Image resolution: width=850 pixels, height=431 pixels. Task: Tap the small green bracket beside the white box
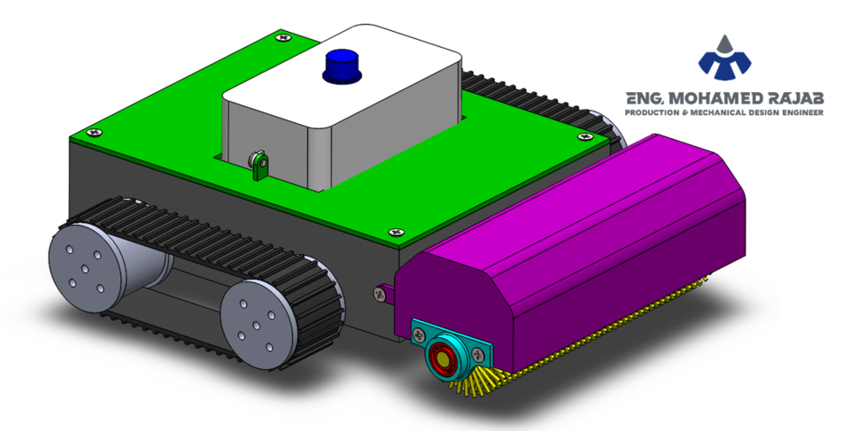pyautogui.click(x=259, y=165)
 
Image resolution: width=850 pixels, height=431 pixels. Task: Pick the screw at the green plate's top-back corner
pyautogui.click(x=282, y=37)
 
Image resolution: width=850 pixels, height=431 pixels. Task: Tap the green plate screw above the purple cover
pyautogui.click(x=584, y=137)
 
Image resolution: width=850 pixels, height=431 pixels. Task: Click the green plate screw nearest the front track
pyautogui.click(x=395, y=232)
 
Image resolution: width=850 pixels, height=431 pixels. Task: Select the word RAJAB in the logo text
pyautogui.click(x=790, y=97)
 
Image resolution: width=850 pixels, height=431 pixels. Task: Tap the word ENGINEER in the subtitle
pyautogui.click(x=800, y=113)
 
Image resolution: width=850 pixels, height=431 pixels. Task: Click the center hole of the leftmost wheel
pyautogui.click(x=85, y=268)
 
